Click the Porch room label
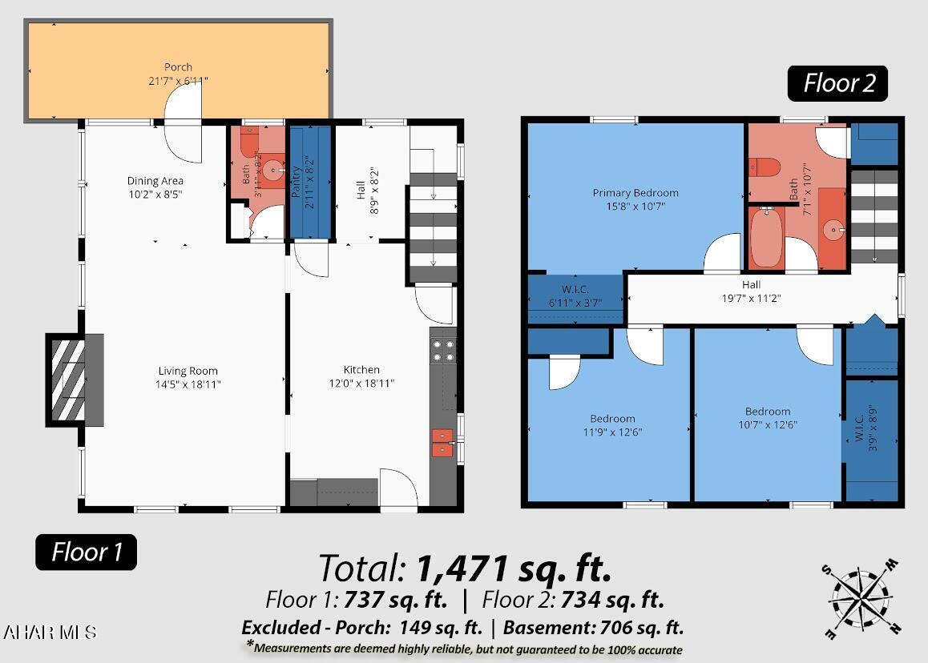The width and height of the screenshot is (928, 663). (x=178, y=66)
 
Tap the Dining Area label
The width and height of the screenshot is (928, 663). (x=155, y=180)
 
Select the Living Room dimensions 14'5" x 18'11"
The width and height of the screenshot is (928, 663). (x=188, y=384)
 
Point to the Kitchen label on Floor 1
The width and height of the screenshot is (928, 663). (x=361, y=370)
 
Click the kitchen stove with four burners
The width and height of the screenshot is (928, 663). (x=442, y=350)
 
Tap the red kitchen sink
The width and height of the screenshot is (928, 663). (x=442, y=442)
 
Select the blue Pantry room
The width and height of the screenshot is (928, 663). (x=309, y=182)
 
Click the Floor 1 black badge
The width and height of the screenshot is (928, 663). (x=86, y=552)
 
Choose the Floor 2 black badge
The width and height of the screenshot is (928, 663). (x=837, y=83)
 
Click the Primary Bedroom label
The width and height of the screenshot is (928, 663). (x=635, y=193)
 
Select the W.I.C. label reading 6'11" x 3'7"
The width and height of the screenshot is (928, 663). (x=575, y=295)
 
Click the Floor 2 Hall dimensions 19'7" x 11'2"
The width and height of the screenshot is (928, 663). (x=751, y=299)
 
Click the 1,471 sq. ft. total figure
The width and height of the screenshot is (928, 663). (x=514, y=569)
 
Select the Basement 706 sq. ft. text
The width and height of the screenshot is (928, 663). (x=594, y=628)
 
